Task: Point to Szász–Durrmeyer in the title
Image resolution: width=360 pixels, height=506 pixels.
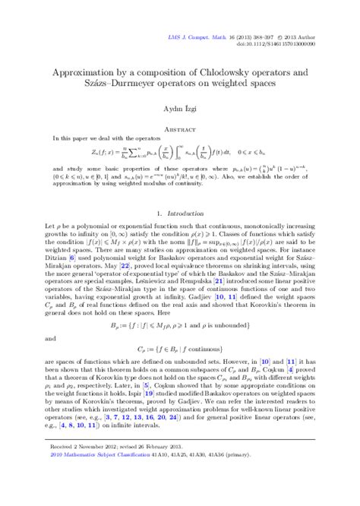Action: tap(138, 84)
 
